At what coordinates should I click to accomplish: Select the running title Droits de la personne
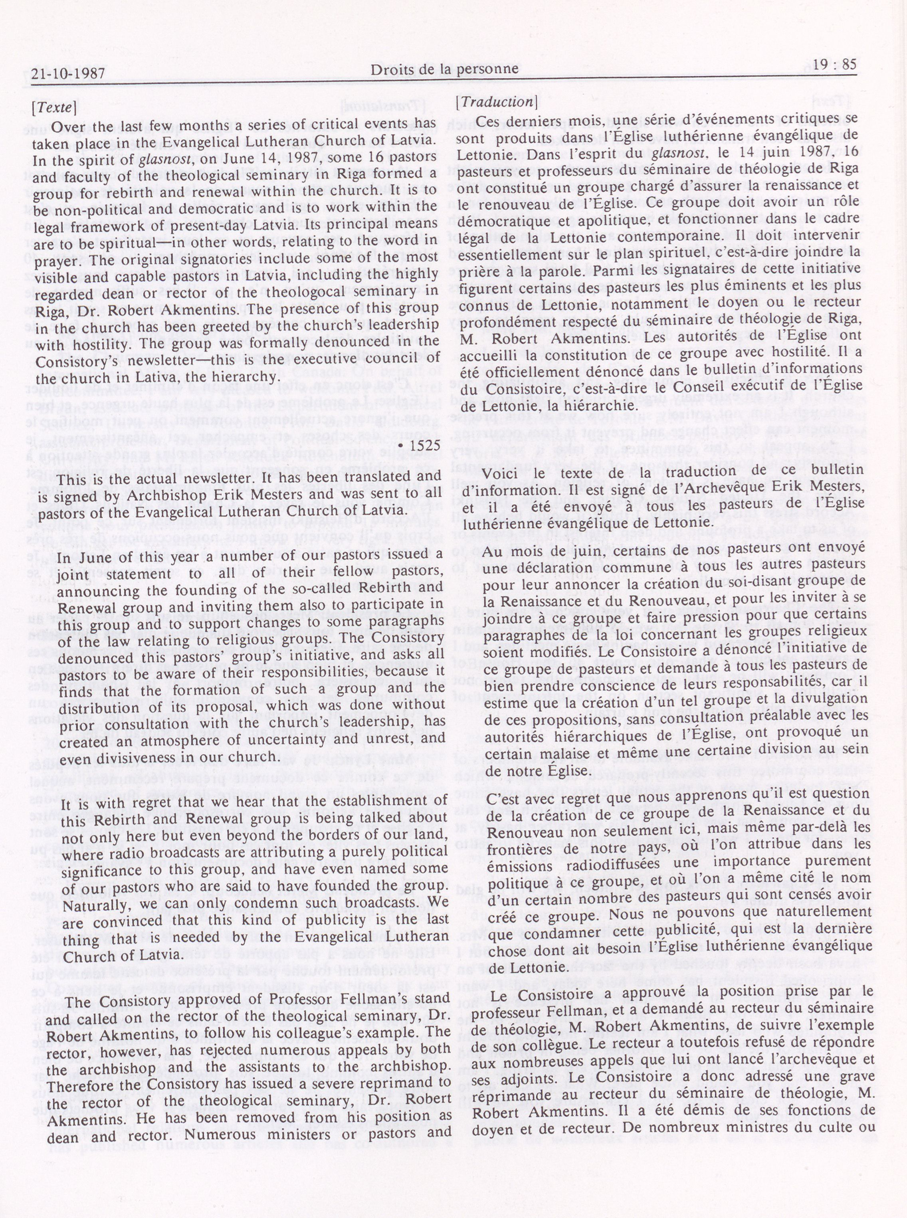pos(444,69)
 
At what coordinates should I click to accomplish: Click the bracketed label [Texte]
pos(54,107)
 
